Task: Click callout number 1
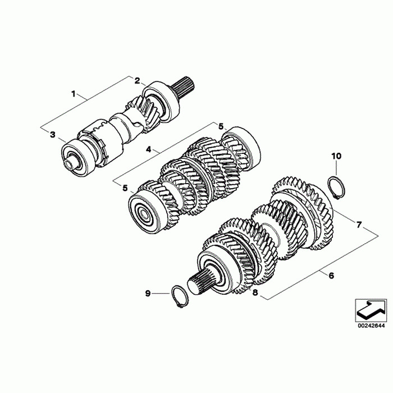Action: [x=74, y=94]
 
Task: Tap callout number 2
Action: [x=137, y=81]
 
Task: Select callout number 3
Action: [x=53, y=135]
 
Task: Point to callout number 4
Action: [x=149, y=150]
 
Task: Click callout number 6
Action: [x=331, y=276]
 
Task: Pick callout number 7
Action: [x=359, y=225]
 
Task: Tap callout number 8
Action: [x=255, y=293]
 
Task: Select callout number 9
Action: [x=148, y=293]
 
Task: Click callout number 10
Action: [x=337, y=156]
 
